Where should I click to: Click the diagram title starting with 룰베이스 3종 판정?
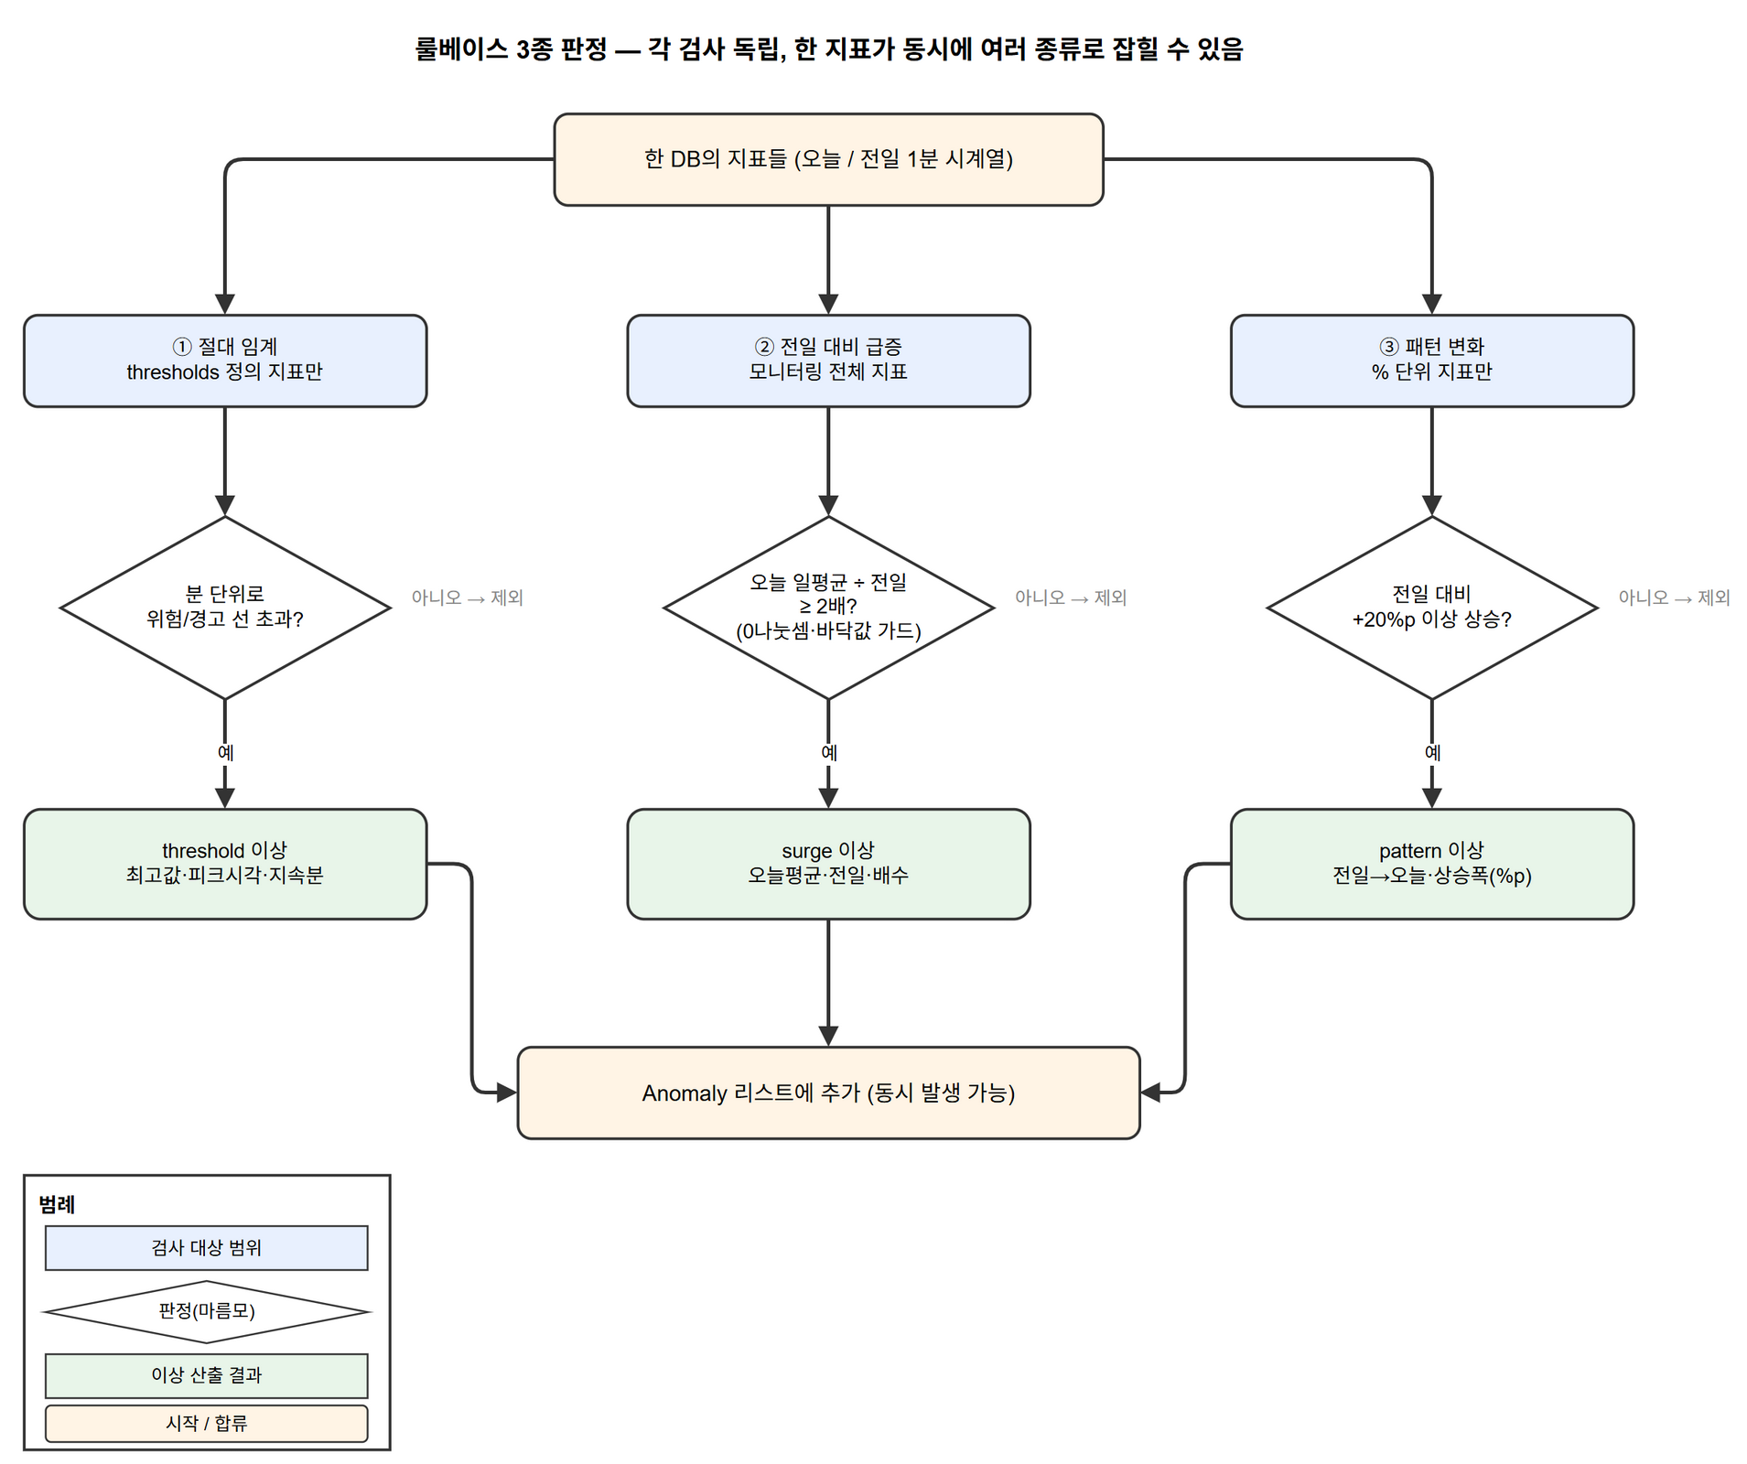(x=829, y=48)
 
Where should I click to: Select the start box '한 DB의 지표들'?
(x=828, y=159)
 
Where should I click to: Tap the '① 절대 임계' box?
(x=225, y=361)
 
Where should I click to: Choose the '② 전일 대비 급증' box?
(x=828, y=361)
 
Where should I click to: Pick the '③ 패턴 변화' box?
(x=1431, y=361)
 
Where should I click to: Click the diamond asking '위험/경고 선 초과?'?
(x=225, y=608)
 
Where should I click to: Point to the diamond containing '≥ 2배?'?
(x=828, y=608)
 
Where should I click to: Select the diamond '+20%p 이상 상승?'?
(x=1431, y=608)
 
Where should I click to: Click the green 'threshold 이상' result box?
(x=225, y=864)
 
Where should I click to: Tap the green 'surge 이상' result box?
(x=828, y=864)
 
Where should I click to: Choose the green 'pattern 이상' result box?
(x=1431, y=864)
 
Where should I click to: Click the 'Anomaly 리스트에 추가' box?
(x=828, y=1093)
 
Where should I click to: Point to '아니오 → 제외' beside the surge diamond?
(x=1071, y=597)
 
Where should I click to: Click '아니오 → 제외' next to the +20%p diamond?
(x=1674, y=597)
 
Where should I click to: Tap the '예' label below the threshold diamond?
(x=225, y=752)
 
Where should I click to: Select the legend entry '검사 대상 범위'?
(x=207, y=1247)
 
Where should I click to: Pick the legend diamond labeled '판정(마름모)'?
(x=207, y=1311)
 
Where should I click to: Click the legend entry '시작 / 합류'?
(x=207, y=1423)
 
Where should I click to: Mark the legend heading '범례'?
(x=57, y=1204)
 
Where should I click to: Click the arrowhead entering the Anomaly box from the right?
(x=1150, y=1093)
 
